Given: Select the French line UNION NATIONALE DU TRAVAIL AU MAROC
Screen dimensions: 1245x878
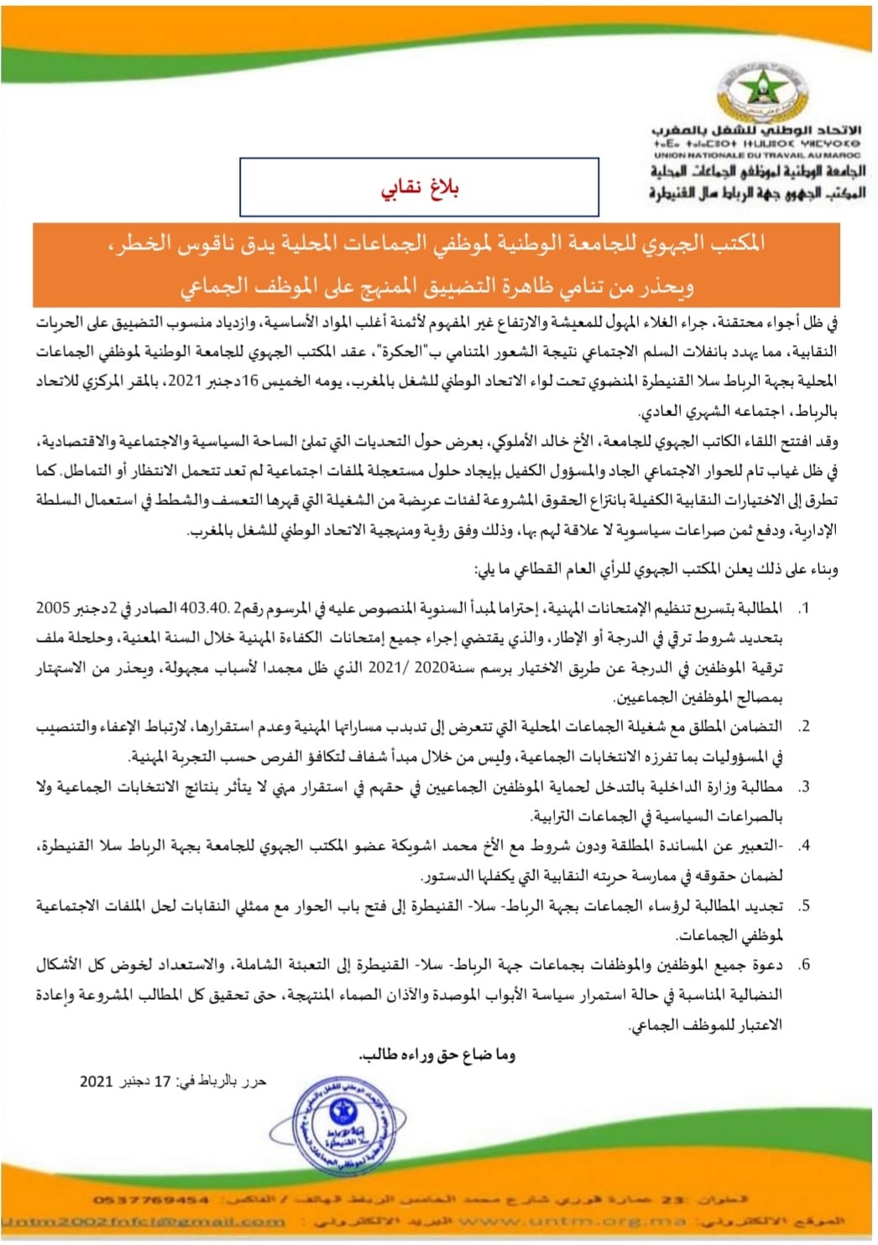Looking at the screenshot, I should click(x=757, y=155).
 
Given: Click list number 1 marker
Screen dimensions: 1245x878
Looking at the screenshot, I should click(x=803, y=608).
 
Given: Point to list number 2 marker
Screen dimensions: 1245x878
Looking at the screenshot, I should click(x=803, y=727).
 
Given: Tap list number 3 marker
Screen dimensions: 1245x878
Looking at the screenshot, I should click(x=803, y=787).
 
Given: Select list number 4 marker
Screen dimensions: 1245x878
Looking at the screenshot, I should click(x=803, y=846).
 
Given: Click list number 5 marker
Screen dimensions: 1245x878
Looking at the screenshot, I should click(x=803, y=906).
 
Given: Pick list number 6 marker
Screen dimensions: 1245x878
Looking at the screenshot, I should click(x=803, y=965).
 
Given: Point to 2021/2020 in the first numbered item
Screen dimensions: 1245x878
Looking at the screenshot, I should click(x=405, y=668).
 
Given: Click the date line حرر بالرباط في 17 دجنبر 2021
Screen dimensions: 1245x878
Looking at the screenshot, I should click(x=173, y=1081).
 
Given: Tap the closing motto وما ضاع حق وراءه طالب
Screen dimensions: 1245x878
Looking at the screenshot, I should click(x=436, y=1055).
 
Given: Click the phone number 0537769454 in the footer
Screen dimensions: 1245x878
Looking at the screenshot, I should click(x=151, y=1201).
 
